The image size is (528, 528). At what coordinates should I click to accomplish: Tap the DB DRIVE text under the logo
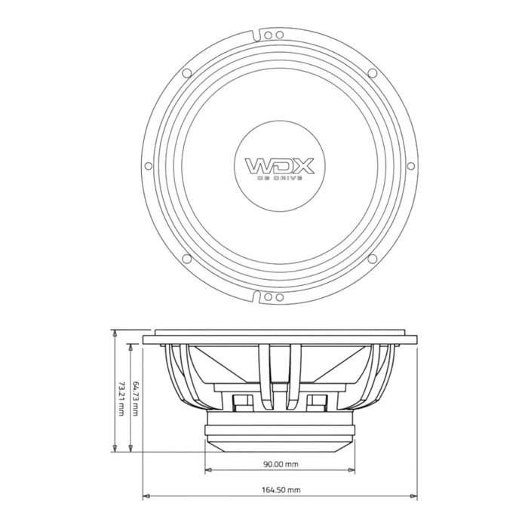(x=278, y=180)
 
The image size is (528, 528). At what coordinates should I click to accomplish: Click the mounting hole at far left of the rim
(x=148, y=166)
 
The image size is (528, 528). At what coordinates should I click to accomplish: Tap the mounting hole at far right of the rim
(x=410, y=166)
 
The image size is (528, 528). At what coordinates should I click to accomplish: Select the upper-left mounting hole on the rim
(x=186, y=72)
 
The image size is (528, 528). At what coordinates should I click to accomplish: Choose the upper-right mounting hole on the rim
(x=372, y=72)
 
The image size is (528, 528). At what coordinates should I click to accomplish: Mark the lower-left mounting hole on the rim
(x=186, y=259)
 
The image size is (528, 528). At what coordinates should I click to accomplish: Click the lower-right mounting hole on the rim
(x=372, y=259)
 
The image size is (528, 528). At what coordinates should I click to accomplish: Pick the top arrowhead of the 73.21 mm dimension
(x=115, y=332)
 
